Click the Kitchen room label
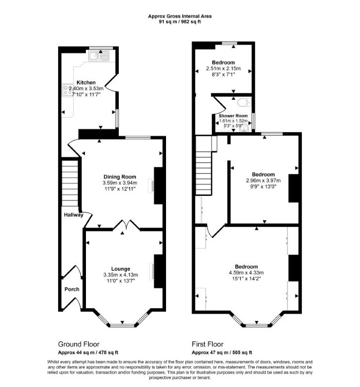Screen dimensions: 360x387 point(86,83)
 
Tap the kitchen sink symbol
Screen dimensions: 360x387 point(99,56)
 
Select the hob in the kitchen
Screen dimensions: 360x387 point(67,89)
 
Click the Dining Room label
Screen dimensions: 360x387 point(120,177)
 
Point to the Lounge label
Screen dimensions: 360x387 point(120,269)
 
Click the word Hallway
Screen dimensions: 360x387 point(74,215)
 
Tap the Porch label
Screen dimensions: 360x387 point(72,289)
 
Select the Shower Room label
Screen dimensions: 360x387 point(233,116)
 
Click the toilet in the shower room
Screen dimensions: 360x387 point(244,101)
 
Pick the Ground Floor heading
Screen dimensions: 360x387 point(78,344)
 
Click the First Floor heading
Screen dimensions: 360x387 point(207,344)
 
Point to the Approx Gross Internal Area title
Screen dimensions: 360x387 point(179,16)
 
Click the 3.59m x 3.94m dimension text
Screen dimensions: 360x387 point(120,183)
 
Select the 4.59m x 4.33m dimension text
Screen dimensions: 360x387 point(246,273)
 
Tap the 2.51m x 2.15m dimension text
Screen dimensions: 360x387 point(223,68)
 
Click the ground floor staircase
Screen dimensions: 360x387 point(70,183)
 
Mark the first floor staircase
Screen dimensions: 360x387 point(204,165)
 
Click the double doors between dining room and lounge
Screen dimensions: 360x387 point(126,224)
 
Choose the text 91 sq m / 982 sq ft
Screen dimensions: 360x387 point(179,21)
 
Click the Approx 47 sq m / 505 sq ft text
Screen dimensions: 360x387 point(222,353)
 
